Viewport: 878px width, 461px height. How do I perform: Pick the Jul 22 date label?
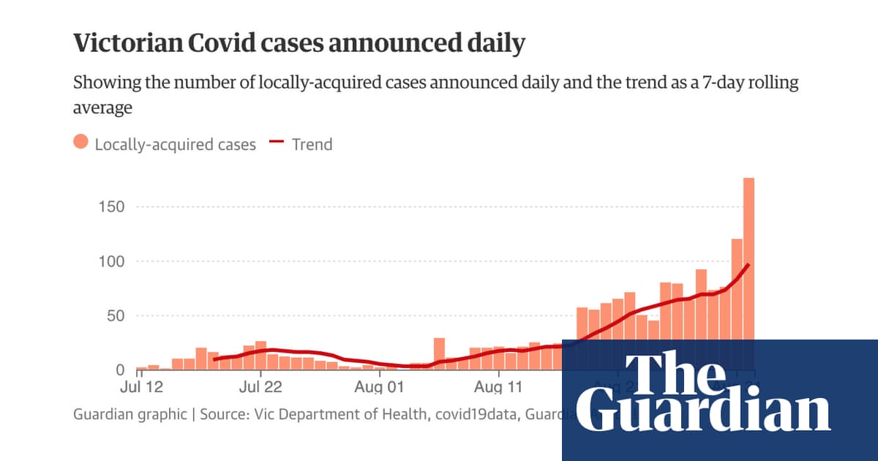click(261, 386)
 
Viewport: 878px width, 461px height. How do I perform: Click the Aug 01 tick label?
click(380, 386)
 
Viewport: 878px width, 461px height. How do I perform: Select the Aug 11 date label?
click(498, 386)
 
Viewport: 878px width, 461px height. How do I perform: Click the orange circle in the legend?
click(81, 143)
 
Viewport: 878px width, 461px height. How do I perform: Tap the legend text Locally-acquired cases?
click(176, 144)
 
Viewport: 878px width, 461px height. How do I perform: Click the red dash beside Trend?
click(275, 143)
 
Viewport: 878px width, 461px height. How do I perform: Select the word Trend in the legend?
click(312, 144)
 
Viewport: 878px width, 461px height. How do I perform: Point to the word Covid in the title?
click(219, 44)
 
